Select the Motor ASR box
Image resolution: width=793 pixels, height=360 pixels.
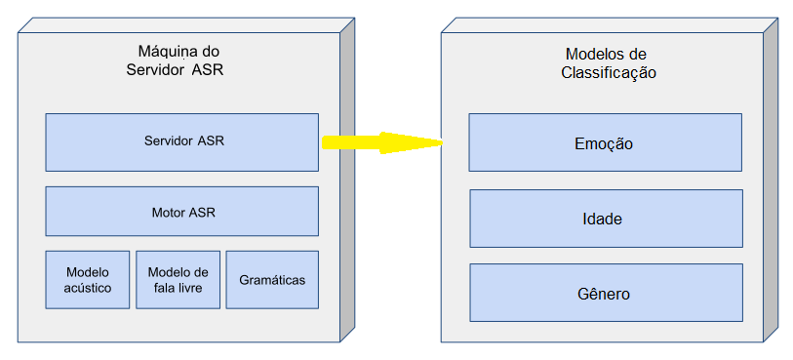point(181,212)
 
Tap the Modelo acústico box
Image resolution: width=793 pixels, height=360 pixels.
point(88,280)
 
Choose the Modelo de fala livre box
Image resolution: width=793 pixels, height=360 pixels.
point(177,280)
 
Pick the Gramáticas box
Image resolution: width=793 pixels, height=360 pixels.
point(272,280)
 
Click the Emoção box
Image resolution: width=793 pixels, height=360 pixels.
point(605,142)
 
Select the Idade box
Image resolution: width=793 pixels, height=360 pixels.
point(605,219)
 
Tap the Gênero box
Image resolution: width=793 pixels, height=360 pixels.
point(605,294)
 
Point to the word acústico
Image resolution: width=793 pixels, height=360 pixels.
point(88,288)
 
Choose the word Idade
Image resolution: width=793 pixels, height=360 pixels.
point(605,219)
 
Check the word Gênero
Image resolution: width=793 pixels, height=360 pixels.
point(605,294)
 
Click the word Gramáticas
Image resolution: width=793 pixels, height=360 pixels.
point(272,280)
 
